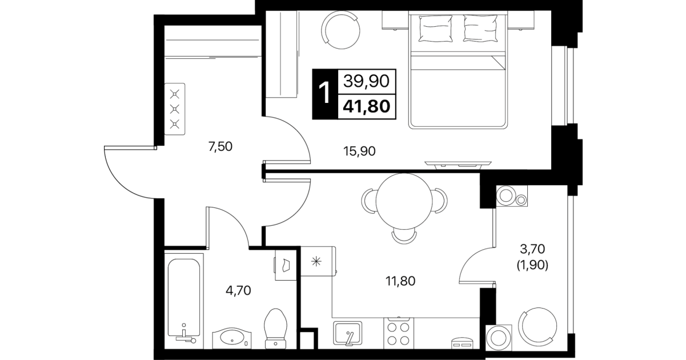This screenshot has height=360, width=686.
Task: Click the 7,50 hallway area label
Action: click(x=220, y=147)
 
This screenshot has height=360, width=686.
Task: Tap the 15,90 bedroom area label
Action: click(x=359, y=151)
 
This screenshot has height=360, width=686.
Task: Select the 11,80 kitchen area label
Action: click(x=400, y=281)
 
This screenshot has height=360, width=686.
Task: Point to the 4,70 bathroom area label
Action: click(x=238, y=290)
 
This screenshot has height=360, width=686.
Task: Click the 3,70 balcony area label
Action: click(x=532, y=249)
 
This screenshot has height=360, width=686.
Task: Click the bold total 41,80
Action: click(x=367, y=107)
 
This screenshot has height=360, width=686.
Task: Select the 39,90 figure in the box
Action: click(x=366, y=82)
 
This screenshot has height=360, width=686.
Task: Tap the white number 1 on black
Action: click(x=324, y=93)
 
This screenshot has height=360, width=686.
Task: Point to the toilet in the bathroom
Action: click(x=276, y=329)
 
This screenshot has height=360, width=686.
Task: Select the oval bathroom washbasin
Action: click(x=232, y=338)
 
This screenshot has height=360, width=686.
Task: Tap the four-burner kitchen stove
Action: click(x=399, y=333)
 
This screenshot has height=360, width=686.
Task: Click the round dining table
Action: click(x=404, y=201)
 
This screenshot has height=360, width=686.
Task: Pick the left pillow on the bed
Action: click(x=435, y=28)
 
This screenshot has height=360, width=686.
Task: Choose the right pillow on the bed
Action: click(x=480, y=28)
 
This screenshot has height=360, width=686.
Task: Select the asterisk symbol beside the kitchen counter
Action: click(x=316, y=262)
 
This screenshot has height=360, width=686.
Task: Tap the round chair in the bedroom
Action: click(x=340, y=30)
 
